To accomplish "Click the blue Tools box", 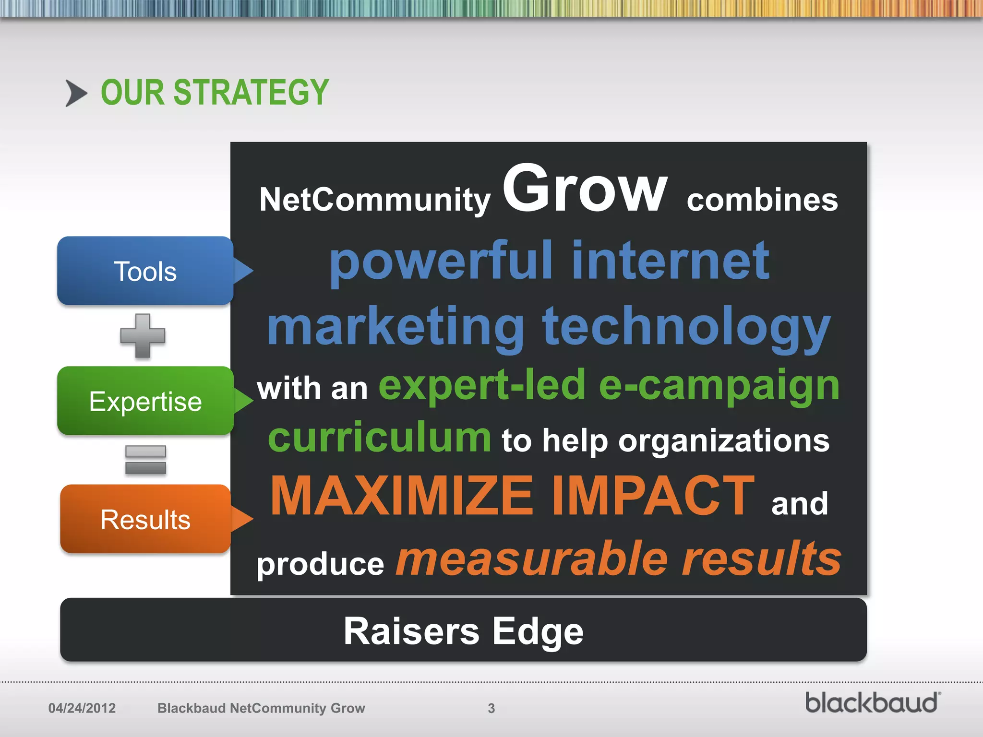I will (x=145, y=271).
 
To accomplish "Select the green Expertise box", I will (x=145, y=401).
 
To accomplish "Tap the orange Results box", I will (x=145, y=519).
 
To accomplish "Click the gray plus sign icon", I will (x=143, y=336).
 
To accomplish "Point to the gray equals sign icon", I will (x=145, y=460).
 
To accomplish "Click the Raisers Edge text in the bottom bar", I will (x=463, y=631).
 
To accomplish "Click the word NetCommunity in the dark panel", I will (x=374, y=200).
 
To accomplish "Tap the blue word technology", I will (x=686, y=327).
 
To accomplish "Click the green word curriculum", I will (x=379, y=438).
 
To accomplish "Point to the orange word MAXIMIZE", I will (x=402, y=496).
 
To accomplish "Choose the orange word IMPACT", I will (x=653, y=496).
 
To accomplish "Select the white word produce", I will (x=320, y=564).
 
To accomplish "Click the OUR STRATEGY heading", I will (x=215, y=92).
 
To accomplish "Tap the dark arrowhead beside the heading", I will (x=76, y=93).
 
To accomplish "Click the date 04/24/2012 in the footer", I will (x=82, y=708).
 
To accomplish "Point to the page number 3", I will (x=491, y=708).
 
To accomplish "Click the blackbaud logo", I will (x=872, y=703).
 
